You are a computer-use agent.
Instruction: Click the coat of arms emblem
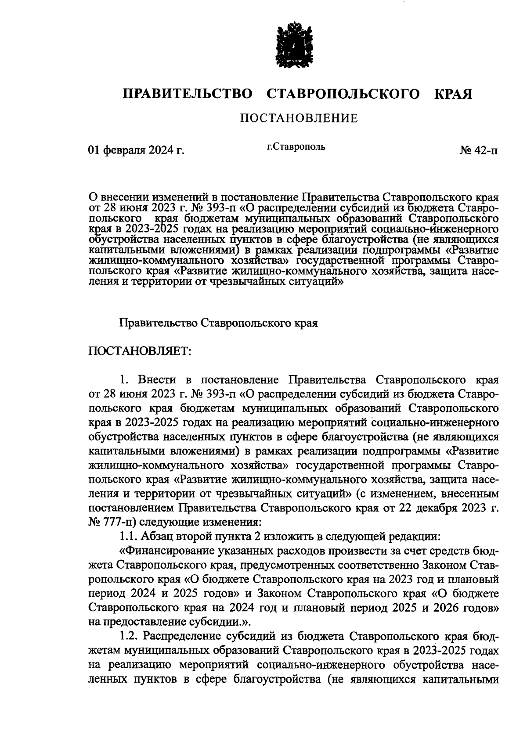[294, 47]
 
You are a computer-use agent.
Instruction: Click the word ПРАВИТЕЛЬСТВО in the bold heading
[188, 94]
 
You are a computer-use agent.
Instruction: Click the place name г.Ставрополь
[296, 147]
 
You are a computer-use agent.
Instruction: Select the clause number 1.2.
[129, 636]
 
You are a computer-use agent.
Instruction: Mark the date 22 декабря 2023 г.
[448, 508]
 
